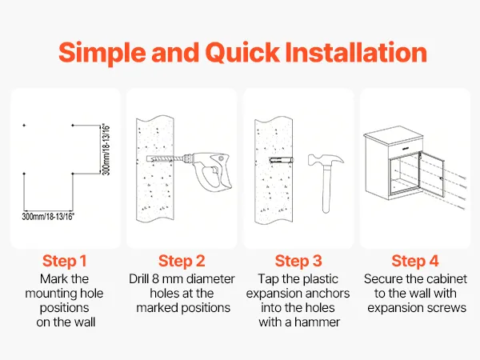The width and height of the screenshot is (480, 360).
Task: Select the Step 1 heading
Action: pyautogui.click(x=64, y=261)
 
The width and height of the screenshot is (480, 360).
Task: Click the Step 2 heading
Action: pyautogui.click(x=182, y=261)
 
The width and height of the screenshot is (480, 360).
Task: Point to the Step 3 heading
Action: pyautogui.click(x=298, y=261)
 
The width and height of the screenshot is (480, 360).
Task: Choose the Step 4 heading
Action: pyautogui.click(x=414, y=261)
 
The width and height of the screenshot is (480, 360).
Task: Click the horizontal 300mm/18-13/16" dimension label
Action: pyautogui.click(x=48, y=217)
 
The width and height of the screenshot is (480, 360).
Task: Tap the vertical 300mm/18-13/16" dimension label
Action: pyautogui.click(x=106, y=150)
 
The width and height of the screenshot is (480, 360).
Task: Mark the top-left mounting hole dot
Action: pyautogui.click(x=24, y=126)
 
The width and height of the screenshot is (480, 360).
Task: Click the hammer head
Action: pyautogui.click(x=326, y=160)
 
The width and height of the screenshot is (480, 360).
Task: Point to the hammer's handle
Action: pyautogui.click(x=326, y=189)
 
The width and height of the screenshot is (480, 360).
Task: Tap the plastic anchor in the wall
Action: pyautogui.click(x=281, y=160)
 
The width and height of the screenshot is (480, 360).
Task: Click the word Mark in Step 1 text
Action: pyautogui.click(x=51, y=279)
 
